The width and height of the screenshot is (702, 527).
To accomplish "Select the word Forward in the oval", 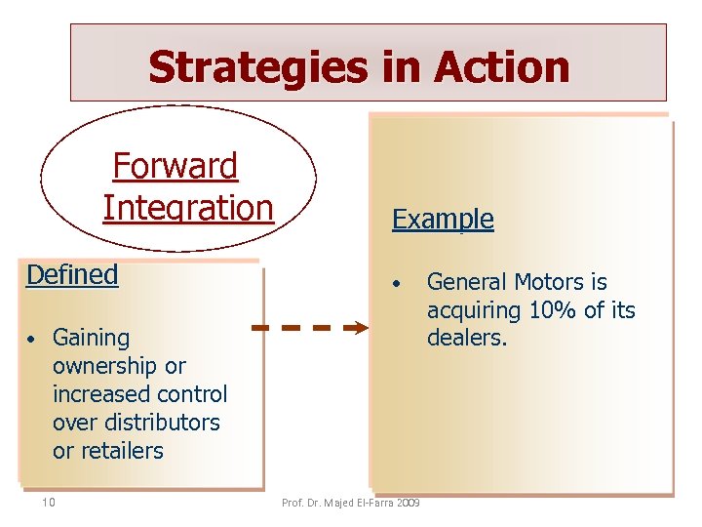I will click(175, 166).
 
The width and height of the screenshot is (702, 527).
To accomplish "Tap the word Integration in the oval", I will click(188, 208).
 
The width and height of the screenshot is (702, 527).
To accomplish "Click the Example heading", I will click(443, 219).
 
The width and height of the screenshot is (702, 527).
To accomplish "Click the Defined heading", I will click(72, 274).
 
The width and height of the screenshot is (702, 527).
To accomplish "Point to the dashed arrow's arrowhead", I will click(358, 328).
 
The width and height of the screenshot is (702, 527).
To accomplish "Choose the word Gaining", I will click(91, 339).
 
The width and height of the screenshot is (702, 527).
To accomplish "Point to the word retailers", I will click(122, 451).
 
